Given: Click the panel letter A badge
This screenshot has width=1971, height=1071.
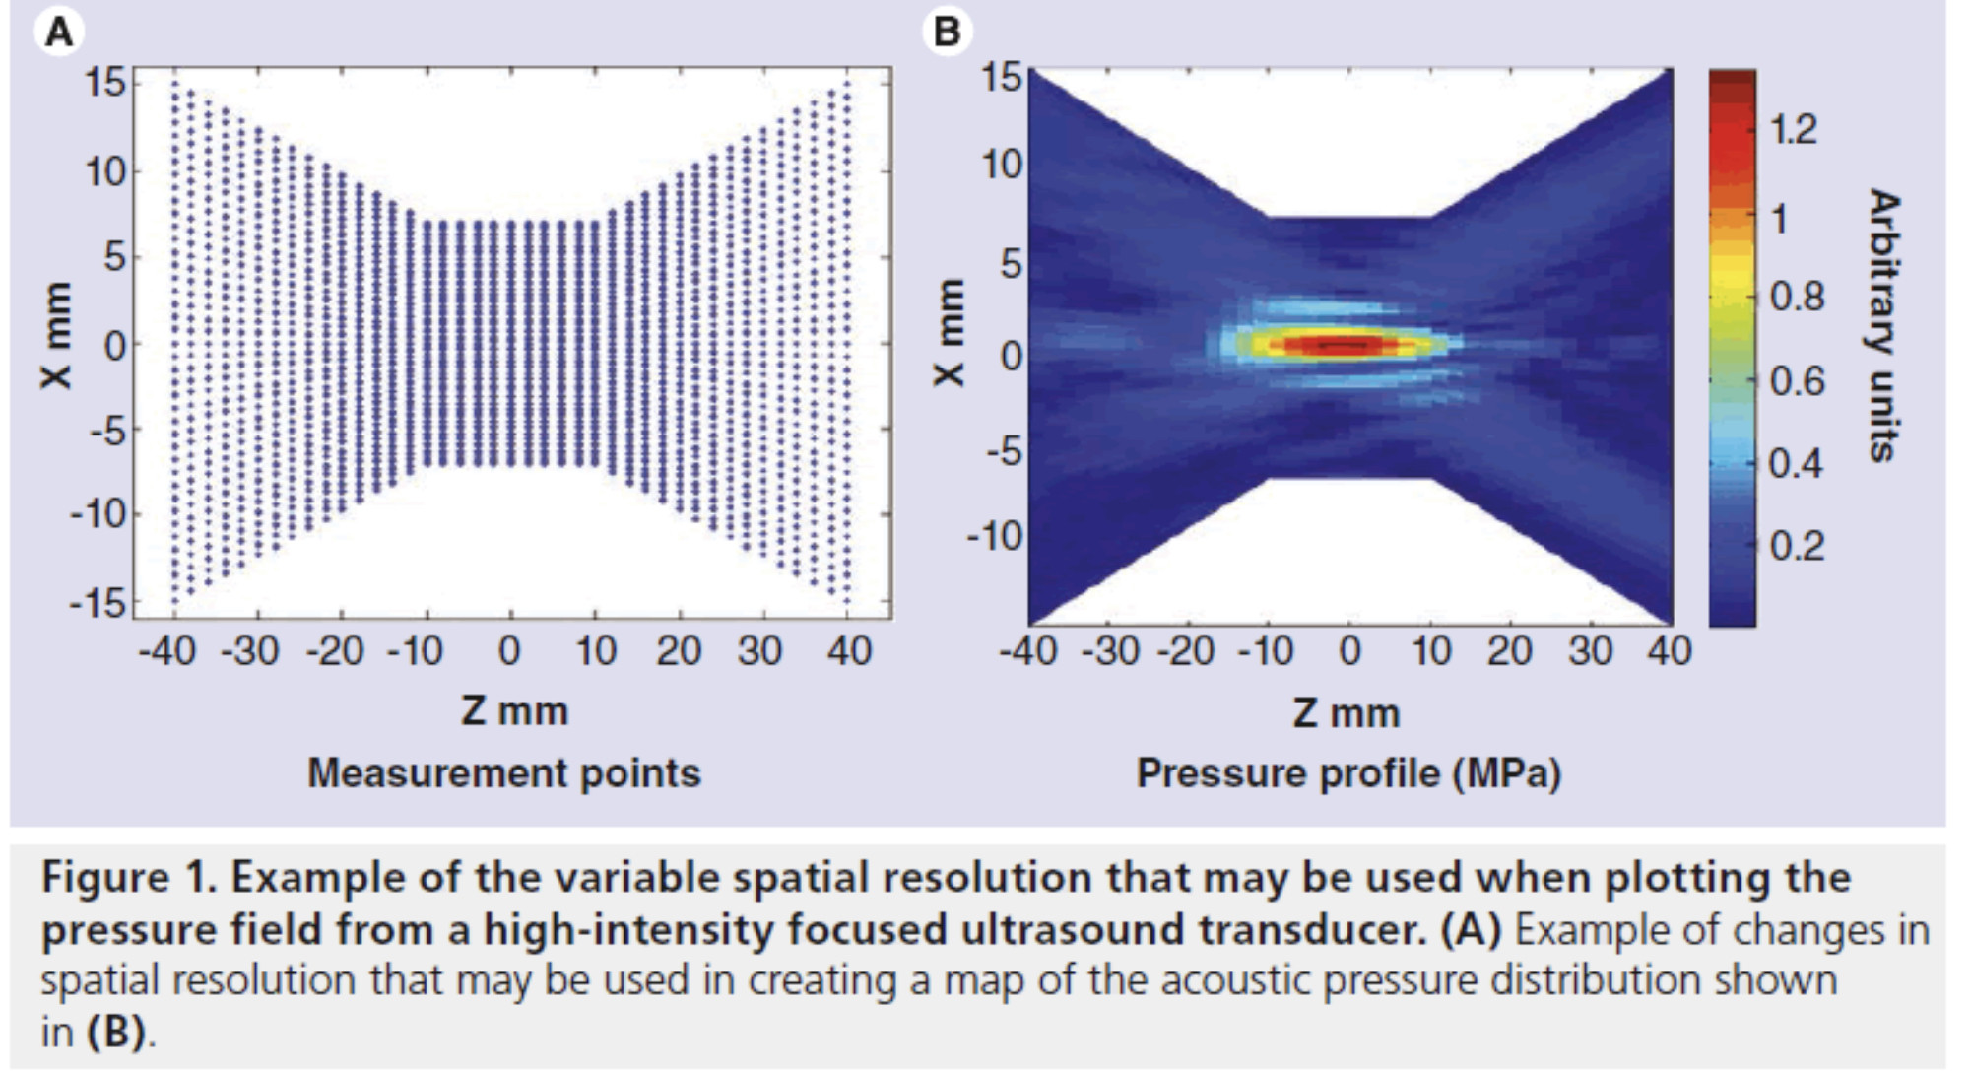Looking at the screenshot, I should (60, 33).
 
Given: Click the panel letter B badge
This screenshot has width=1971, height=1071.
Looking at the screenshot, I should (947, 33).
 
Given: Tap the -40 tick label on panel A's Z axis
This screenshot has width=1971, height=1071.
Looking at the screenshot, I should (166, 650).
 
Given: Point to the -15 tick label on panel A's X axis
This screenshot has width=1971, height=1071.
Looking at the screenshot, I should (99, 602).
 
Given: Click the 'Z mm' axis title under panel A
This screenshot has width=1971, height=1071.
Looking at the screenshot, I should (514, 710).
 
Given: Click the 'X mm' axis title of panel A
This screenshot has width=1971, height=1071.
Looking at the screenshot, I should (56, 335).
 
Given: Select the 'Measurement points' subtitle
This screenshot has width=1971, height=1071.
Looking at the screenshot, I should (504, 773).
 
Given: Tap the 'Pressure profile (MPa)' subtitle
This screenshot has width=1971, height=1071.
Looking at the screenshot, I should (1348, 773).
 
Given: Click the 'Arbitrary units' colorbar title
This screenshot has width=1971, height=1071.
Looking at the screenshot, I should (1882, 325).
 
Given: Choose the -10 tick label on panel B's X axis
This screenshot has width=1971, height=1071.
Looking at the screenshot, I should (996, 537).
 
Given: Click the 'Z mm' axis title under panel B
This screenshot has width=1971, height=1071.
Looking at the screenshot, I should (1346, 712).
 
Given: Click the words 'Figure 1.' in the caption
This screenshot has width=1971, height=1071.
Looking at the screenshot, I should (128, 878).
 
